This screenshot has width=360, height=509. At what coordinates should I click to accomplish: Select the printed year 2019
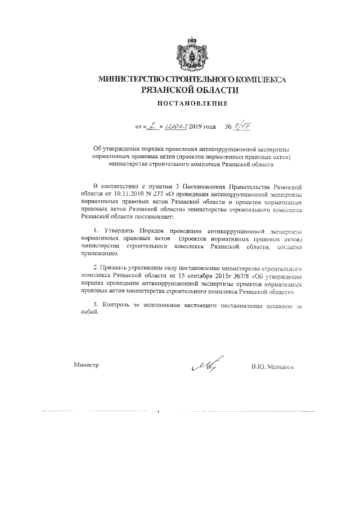pyautogui.click(x=197, y=128)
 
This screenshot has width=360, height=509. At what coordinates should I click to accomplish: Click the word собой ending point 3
pyautogui.click(x=90, y=315)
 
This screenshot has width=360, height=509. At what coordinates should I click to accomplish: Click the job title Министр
pyautogui.click(x=86, y=366)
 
